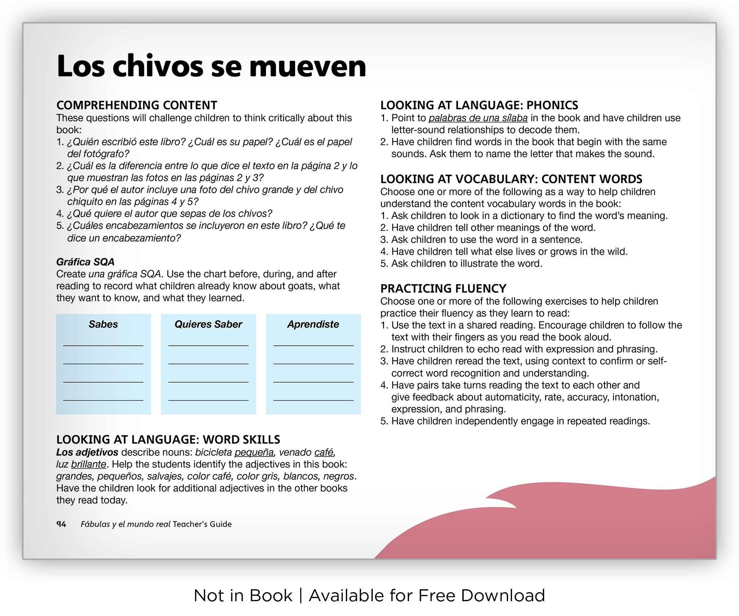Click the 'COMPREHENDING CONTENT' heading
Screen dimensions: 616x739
pyautogui.click(x=137, y=105)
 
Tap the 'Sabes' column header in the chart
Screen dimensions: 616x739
pyautogui.click(x=103, y=324)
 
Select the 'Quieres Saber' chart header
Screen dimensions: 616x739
pyautogui.click(x=208, y=324)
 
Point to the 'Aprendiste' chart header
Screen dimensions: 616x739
pyautogui.click(x=313, y=324)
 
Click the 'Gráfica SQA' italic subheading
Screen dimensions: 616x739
pyautogui.click(x=85, y=262)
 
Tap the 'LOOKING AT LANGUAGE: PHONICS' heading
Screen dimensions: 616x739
pyautogui.click(x=479, y=105)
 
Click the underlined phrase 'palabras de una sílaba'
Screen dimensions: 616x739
pyautogui.click(x=478, y=118)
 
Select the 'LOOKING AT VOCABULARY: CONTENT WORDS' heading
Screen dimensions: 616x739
pyautogui.click(x=511, y=179)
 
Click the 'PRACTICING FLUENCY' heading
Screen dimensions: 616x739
pyautogui.click(x=443, y=289)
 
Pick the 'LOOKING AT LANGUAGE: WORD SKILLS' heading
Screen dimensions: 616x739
pyautogui.click(x=168, y=439)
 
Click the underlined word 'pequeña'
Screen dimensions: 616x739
pyautogui.click(x=254, y=452)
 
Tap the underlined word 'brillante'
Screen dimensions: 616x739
pyautogui.click(x=89, y=464)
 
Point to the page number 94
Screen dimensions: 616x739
pyautogui.click(x=61, y=524)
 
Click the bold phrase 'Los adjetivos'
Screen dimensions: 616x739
pyautogui.click(x=87, y=452)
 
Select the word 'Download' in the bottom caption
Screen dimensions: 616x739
pyautogui.click(x=503, y=596)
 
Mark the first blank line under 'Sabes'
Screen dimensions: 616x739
pyautogui.click(x=103, y=346)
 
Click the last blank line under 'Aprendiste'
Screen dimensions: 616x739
pyautogui.click(x=313, y=400)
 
